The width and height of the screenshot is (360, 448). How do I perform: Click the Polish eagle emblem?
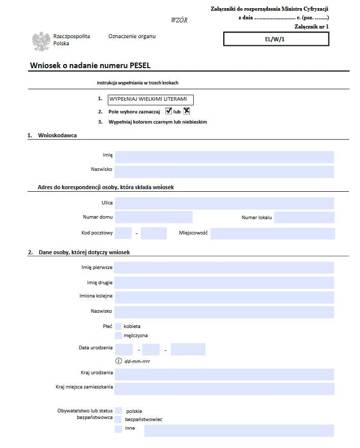(41, 41)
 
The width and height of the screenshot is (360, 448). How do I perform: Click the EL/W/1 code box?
(276, 39)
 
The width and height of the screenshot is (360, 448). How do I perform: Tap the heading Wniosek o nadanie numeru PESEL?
(91, 66)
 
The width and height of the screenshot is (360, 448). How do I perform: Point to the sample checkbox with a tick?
(169, 111)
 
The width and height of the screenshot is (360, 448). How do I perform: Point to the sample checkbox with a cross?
(187, 111)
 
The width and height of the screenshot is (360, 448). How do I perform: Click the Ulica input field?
(224, 203)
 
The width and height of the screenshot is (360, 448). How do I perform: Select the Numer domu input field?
(154, 218)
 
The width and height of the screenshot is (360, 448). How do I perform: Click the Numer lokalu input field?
(304, 218)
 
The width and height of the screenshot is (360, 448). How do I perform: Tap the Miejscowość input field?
(273, 233)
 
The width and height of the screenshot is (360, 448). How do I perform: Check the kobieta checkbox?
(118, 326)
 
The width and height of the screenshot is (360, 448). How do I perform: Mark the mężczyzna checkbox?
(118, 336)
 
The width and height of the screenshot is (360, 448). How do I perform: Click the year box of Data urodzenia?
(188, 349)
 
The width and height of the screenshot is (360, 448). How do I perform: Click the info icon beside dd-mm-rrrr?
(119, 361)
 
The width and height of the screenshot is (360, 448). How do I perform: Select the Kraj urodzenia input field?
(224, 375)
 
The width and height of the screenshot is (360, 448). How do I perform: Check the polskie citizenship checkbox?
(118, 410)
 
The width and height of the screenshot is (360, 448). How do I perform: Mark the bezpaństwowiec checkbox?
(118, 420)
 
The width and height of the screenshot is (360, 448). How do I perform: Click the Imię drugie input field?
(224, 283)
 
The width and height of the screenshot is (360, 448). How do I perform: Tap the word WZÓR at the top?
(179, 20)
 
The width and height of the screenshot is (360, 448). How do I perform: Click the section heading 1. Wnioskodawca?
(52, 135)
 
